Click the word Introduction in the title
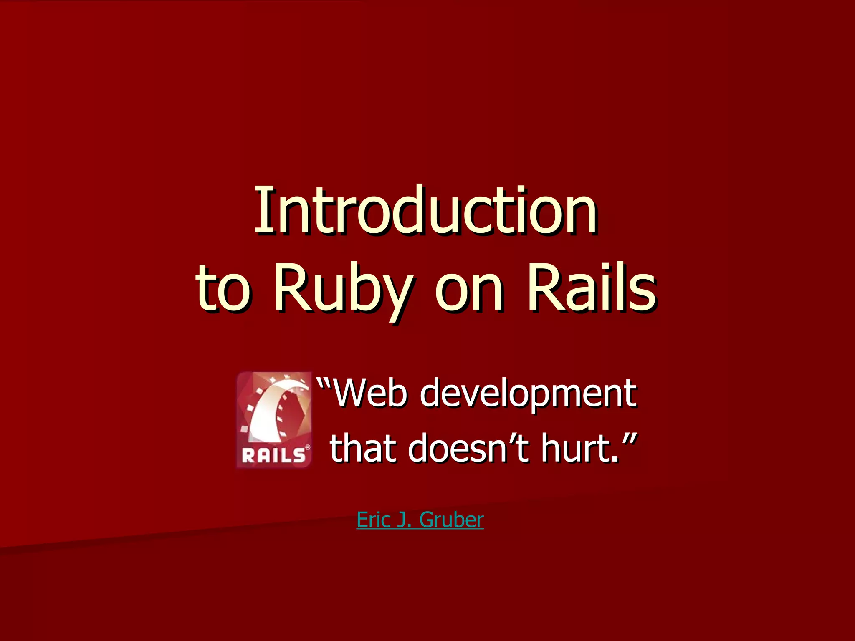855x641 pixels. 426,211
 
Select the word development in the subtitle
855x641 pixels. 528,395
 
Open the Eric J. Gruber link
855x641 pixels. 420,520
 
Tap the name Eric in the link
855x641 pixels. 373,520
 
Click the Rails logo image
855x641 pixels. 274,419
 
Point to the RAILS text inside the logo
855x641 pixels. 273,455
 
